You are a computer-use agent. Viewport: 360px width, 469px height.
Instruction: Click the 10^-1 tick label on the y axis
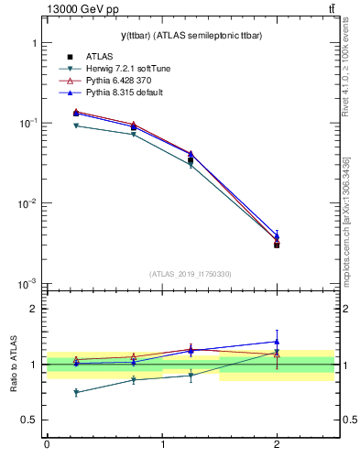(29, 123)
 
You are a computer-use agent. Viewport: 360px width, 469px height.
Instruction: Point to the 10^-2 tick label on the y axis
(29, 203)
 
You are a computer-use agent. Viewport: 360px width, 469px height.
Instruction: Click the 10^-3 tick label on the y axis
(29, 284)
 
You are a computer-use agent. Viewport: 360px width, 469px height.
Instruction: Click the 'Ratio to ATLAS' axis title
(14, 364)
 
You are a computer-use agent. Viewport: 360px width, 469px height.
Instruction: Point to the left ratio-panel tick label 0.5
(29, 420)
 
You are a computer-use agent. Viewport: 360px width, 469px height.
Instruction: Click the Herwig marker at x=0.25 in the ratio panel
(76, 392)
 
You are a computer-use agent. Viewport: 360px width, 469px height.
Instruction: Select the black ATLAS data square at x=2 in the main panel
(277, 245)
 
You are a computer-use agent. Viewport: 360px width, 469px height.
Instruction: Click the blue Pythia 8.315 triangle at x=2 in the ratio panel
(277, 341)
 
